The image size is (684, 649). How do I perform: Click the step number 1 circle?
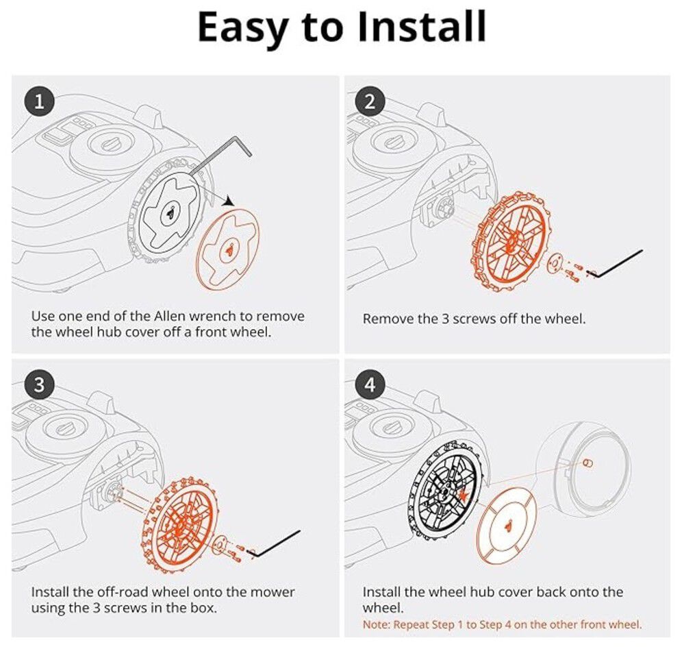click(x=39, y=101)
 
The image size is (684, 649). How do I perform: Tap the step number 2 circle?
click(x=370, y=101)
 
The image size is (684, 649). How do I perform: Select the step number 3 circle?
click(x=39, y=384)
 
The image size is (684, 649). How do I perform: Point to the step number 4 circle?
click(x=370, y=384)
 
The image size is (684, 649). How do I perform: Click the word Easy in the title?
click(x=242, y=27)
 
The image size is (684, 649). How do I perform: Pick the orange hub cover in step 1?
click(x=228, y=249)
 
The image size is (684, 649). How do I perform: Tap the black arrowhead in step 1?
click(x=228, y=201)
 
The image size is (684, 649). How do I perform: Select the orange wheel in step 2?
click(x=510, y=241)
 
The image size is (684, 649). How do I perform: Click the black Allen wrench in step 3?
click(x=275, y=543)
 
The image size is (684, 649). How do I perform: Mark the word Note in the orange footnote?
click(x=375, y=624)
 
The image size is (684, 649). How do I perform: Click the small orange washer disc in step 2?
click(x=555, y=263)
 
